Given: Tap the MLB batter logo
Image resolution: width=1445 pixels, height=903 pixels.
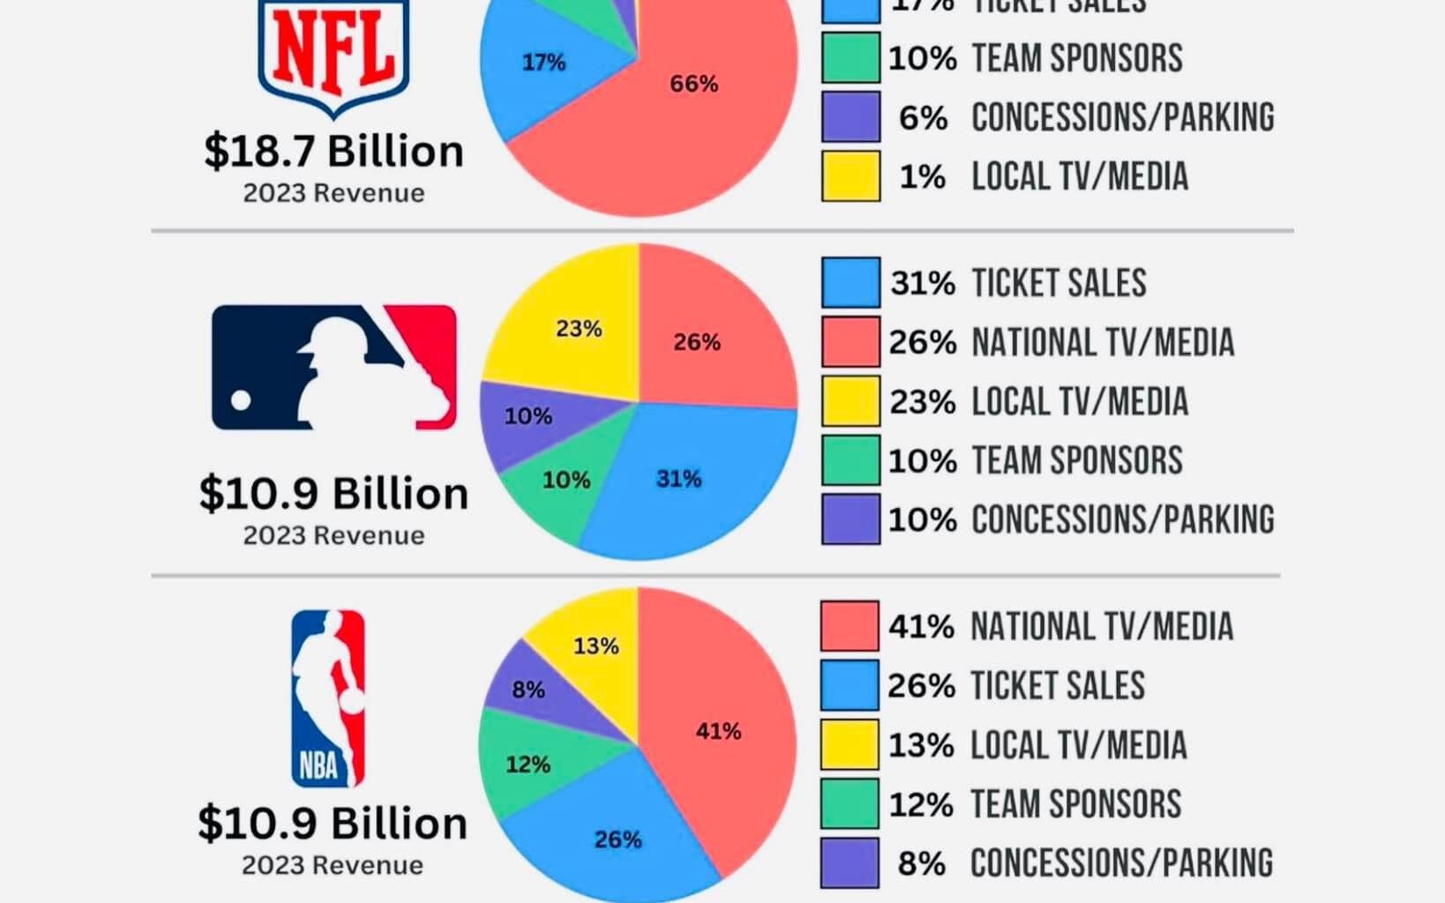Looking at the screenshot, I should [x=333, y=367].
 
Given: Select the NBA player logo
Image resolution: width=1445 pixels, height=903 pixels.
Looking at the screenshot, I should [x=328, y=698].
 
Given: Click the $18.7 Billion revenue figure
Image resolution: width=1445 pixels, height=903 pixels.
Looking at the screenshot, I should [x=333, y=151].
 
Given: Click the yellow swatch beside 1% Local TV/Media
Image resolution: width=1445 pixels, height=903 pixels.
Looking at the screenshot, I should [x=850, y=176].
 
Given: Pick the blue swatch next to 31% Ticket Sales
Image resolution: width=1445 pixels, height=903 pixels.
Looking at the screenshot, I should [x=850, y=283].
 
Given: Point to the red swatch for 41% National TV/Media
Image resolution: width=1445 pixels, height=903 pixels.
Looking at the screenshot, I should [x=850, y=626].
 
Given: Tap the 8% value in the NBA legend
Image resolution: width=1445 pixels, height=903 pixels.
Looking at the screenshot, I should [x=921, y=863].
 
